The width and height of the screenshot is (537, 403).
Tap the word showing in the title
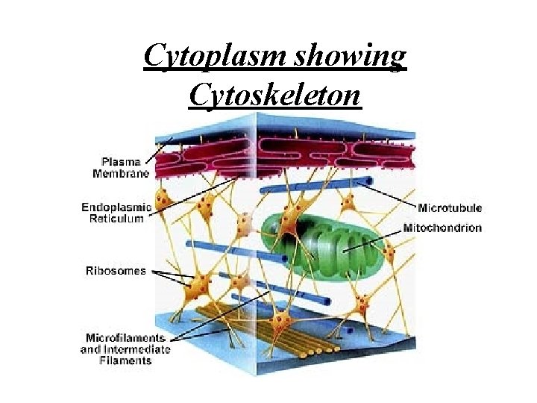[361, 56]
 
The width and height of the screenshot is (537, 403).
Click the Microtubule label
[450, 207]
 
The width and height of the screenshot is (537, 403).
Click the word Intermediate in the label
[140, 349]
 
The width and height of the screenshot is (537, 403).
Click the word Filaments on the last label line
[125, 360]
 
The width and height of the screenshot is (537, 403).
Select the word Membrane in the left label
[121, 173]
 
